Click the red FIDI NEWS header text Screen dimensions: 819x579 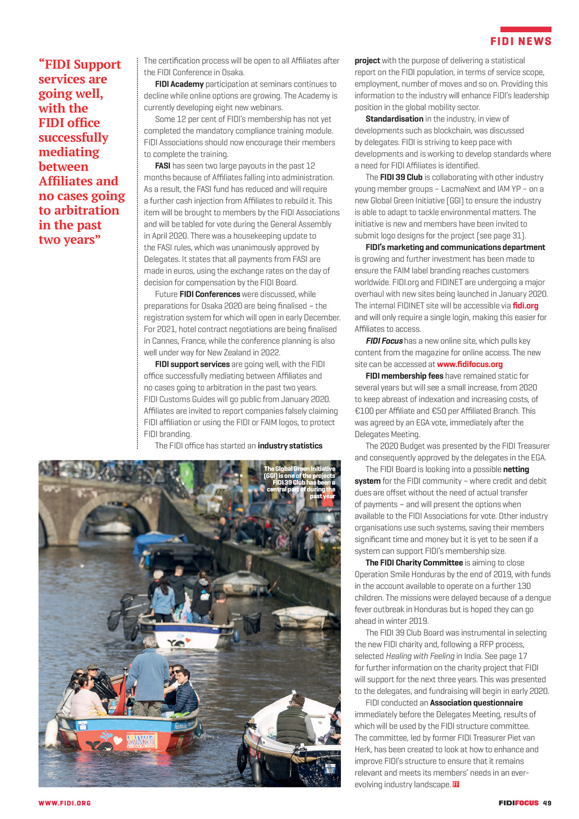click(521, 41)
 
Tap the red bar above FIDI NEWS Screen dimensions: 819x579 click(525, 29)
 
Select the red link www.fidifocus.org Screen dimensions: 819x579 click(469, 364)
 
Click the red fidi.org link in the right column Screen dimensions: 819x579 click(525, 305)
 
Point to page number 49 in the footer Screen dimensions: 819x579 click(547, 803)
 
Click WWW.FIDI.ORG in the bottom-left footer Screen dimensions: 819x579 click(64, 803)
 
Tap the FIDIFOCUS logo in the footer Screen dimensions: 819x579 click(518, 803)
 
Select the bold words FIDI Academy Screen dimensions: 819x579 click(179, 84)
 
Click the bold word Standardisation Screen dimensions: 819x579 click(394, 119)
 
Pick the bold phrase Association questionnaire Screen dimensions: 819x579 click(476, 702)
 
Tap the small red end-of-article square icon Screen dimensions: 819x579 click(456, 784)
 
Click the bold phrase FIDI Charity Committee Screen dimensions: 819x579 click(414, 563)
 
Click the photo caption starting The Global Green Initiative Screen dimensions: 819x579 click(300, 482)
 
